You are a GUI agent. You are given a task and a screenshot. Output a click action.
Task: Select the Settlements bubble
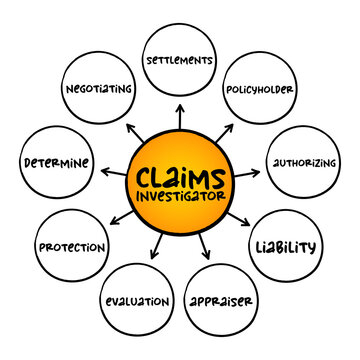click(x=181, y=60)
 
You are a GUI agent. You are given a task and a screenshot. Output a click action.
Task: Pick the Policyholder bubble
click(x=258, y=89)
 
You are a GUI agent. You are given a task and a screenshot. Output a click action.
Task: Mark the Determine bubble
click(x=56, y=161)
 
